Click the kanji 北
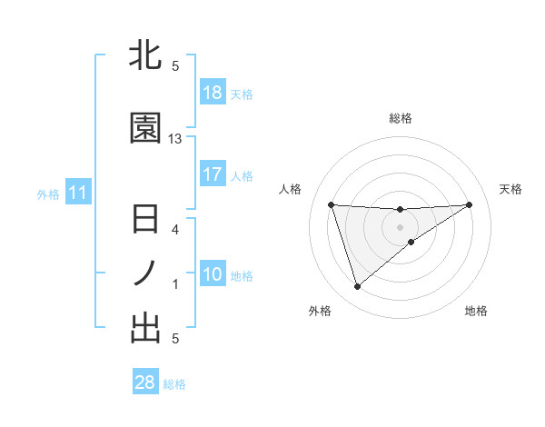(x=145, y=55)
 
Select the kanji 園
(x=145, y=129)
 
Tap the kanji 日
(x=145, y=221)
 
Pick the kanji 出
(x=145, y=328)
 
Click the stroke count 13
(x=176, y=139)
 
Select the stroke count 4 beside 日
(x=176, y=230)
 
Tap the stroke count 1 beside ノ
(x=176, y=284)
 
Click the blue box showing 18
(x=212, y=93)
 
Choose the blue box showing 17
(x=212, y=174)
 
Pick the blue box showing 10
(x=212, y=274)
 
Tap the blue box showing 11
(x=77, y=193)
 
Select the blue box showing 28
(x=144, y=382)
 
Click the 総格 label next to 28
(x=174, y=384)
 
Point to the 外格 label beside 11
(x=48, y=194)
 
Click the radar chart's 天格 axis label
(x=510, y=189)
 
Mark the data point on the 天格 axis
(x=469, y=204)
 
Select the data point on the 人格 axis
(x=332, y=204)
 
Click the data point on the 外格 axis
(x=357, y=287)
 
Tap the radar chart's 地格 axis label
(x=476, y=311)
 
